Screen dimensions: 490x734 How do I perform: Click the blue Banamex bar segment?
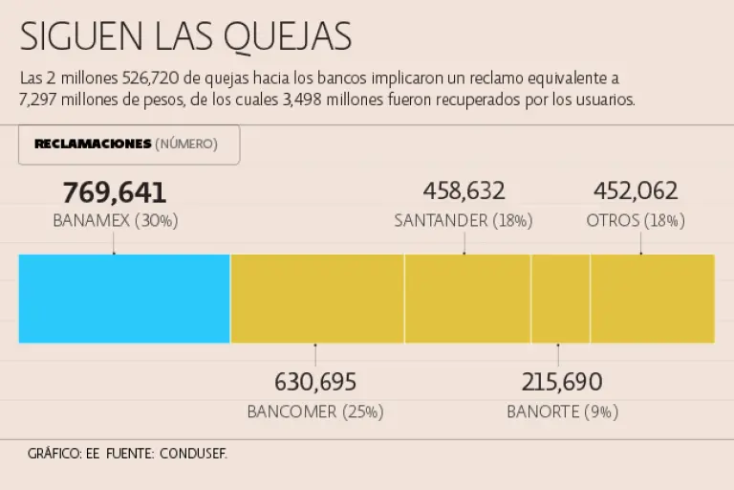coord(124,298)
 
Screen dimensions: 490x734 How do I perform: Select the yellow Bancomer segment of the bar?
coord(317,298)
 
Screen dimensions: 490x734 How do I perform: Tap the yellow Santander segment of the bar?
coord(467,298)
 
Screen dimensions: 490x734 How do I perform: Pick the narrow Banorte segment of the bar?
coord(561,298)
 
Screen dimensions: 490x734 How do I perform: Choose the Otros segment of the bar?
coord(652,298)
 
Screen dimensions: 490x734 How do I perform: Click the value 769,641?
coord(115,193)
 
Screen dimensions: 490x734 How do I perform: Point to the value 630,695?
coord(315,383)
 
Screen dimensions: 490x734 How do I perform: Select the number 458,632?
coord(464,191)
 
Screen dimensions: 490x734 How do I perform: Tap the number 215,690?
coord(562,383)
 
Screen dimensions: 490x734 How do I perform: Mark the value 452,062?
coord(636,191)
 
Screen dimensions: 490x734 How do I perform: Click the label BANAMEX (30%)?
coord(115,221)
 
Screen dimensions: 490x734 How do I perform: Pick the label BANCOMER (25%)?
coord(315,412)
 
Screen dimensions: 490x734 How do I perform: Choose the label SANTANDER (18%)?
coord(464,221)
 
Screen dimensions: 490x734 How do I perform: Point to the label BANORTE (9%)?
coord(562,412)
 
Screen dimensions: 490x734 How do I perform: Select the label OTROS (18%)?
coord(636,221)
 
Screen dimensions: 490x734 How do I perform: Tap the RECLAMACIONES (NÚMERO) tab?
coord(128,145)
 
